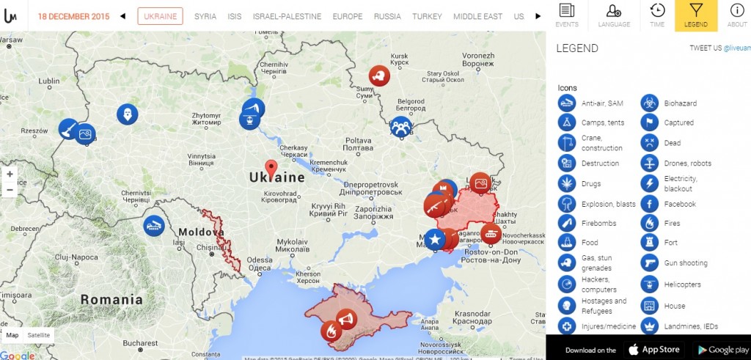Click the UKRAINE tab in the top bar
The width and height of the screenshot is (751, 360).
click(x=160, y=16)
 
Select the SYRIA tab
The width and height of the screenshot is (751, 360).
click(x=205, y=16)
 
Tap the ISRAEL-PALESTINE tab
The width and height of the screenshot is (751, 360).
click(x=287, y=16)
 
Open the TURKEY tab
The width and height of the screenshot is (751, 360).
click(x=427, y=16)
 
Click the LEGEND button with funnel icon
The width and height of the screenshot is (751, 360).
click(x=696, y=15)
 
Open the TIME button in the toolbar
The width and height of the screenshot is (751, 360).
click(x=657, y=15)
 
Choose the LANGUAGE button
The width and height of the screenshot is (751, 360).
click(x=614, y=15)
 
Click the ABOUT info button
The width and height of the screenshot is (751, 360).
click(x=736, y=15)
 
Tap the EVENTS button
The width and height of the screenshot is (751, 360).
click(x=566, y=15)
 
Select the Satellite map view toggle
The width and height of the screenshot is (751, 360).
click(x=39, y=335)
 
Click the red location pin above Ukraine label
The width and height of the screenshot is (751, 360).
click(x=271, y=168)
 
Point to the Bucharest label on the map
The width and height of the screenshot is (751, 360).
click(x=141, y=342)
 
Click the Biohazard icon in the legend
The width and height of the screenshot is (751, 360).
click(x=650, y=103)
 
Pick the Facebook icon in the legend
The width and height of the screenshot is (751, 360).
click(x=650, y=204)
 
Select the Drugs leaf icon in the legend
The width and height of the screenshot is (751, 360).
click(x=566, y=183)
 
